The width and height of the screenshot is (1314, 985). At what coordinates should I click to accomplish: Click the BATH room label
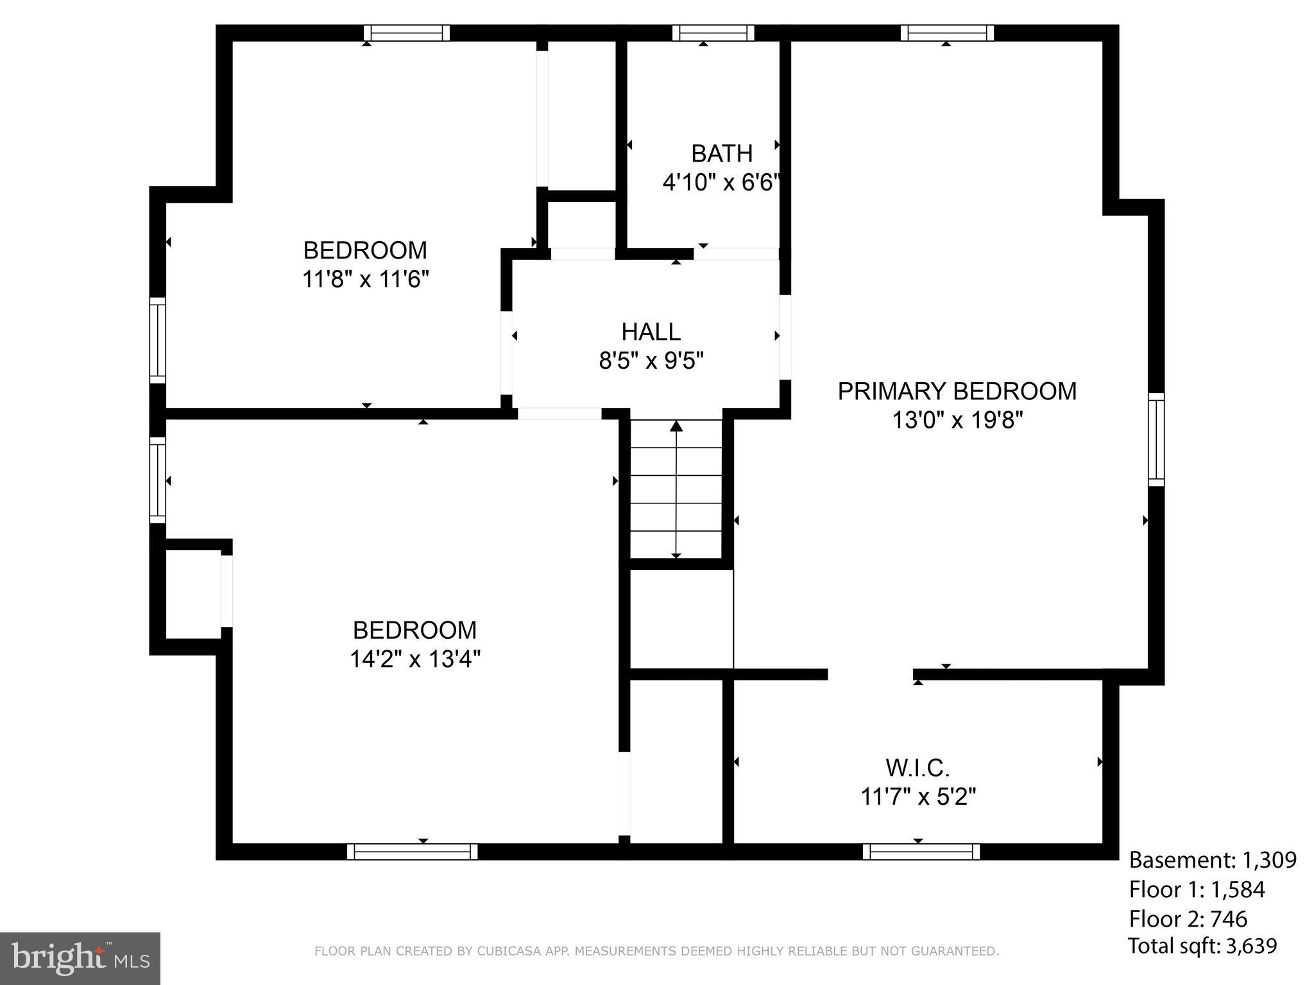(721, 154)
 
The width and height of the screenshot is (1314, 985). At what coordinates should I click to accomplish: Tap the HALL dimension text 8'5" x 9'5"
(651, 361)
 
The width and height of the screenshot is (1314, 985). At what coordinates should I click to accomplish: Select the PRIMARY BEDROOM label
(957, 391)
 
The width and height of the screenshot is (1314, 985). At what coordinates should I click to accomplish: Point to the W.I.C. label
(917, 768)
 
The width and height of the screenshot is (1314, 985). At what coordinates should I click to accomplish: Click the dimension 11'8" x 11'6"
(365, 280)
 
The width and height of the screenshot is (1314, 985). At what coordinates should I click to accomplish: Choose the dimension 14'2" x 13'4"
(415, 659)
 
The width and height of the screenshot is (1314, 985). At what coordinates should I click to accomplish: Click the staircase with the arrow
(676, 489)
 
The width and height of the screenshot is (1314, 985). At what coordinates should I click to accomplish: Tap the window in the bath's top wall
(713, 33)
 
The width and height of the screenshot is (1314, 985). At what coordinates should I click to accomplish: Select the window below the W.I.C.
(921, 852)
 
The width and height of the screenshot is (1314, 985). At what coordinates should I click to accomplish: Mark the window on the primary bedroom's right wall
(1156, 439)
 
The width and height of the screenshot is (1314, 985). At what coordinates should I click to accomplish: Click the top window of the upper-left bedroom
(407, 33)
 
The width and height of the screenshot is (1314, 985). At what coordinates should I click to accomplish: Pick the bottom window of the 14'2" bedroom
(412, 852)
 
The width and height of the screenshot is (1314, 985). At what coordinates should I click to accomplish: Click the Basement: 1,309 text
(1213, 860)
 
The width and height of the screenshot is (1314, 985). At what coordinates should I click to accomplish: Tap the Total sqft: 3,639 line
(1202, 946)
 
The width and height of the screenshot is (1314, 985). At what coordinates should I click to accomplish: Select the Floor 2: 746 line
(1188, 919)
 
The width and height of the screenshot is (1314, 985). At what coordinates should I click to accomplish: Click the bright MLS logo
(80, 958)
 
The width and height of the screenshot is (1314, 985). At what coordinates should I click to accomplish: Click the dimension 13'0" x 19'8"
(957, 421)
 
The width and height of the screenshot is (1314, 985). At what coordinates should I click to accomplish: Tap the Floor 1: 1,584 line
(1197, 889)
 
